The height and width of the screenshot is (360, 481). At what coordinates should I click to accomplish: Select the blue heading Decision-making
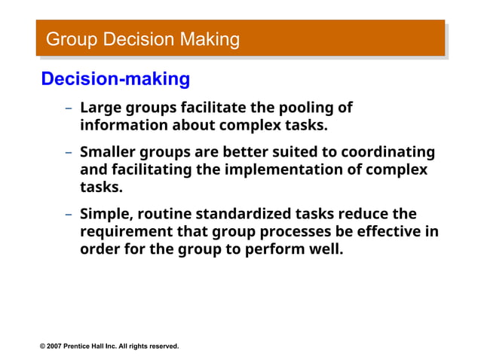(115, 78)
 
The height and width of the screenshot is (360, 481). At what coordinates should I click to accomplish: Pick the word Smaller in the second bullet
(109, 152)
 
